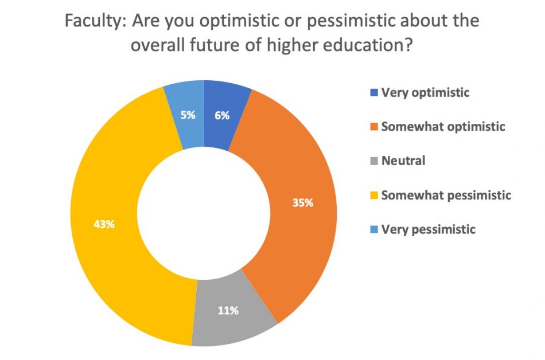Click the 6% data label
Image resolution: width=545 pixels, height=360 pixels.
click(x=222, y=115)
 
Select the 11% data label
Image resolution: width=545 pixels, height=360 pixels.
click(x=228, y=311)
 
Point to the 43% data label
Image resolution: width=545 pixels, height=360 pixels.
click(x=104, y=224)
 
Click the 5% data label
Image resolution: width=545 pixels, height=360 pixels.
click(x=187, y=115)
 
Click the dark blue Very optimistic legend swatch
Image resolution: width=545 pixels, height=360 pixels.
click(x=374, y=92)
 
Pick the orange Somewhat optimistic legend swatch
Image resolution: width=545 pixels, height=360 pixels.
click(x=374, y=127)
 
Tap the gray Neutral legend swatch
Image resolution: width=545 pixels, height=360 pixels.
click(x=374, y=161)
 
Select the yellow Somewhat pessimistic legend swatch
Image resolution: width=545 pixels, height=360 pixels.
click(x=374, y=195)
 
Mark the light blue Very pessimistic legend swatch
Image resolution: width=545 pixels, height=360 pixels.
click(x=374, y=230)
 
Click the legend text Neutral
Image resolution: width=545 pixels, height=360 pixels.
click(x=403, y=161)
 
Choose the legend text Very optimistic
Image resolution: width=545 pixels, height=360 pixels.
click(x=425, y=92)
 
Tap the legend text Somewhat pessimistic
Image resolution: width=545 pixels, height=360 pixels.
click(x=446, y=195)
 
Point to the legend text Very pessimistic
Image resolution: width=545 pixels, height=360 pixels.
click(x=429, y=230)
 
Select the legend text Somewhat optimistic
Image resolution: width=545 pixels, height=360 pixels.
click(x=443, y=127)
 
